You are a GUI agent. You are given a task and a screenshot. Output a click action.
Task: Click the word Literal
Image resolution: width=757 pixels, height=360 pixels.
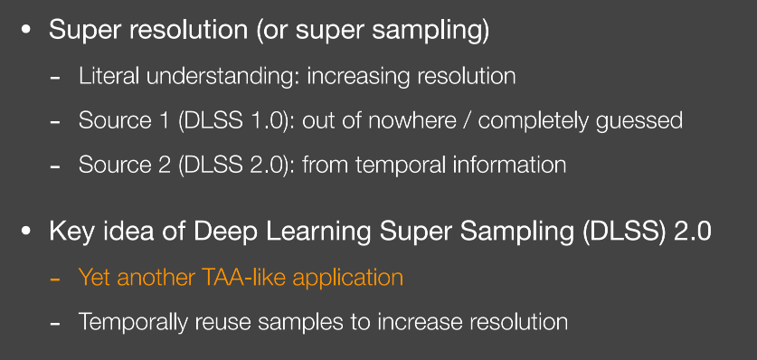point(109,76)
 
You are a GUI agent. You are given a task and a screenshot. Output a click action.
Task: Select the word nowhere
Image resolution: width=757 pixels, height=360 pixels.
point(412,120)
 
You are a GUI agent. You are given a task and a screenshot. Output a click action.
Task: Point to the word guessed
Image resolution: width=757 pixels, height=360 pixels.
point(639,121)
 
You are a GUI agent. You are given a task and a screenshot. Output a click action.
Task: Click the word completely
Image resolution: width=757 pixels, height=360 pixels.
point(534,121)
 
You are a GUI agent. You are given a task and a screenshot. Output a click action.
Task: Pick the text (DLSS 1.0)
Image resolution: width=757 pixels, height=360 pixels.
point(233,121)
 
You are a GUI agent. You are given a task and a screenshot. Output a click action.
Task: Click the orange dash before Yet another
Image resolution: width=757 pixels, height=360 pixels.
point(55,279)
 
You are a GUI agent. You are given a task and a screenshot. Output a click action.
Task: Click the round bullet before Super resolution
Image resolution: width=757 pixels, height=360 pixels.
point(25,30)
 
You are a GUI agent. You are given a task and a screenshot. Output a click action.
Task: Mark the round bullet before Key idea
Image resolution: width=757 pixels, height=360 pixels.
point(25,232)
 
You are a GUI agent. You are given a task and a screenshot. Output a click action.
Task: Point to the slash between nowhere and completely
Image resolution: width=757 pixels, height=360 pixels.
point(468,121)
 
